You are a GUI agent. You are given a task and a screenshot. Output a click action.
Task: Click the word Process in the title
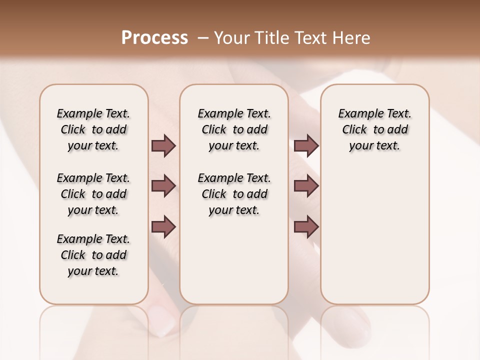tap(154, 38)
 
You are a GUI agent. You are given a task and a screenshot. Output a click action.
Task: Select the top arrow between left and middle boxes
tap(163, 146)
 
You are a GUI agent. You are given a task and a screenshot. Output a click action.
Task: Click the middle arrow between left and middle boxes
tap(163, 186)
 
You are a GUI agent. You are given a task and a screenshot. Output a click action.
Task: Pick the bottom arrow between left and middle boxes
tap(163, 226)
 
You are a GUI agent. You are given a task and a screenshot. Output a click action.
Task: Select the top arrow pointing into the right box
tap(306, 146)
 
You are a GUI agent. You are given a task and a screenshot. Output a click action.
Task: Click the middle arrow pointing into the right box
tap(306, 186)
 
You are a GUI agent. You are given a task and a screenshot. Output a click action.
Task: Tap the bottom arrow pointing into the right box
tap(306, 226)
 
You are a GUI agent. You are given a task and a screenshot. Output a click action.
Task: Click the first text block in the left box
tap(93, 129)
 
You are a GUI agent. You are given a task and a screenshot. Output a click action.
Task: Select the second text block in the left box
tap(93, 194)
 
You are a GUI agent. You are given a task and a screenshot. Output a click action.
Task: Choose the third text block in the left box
tap(93, 255)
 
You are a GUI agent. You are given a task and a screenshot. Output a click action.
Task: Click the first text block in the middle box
tap(234, 129)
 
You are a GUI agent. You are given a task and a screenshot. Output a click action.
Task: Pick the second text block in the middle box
tap(234, 194)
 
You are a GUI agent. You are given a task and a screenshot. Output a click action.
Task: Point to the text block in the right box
tap(374, 129)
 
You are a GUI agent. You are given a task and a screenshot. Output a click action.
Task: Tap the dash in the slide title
tap(203, 38)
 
